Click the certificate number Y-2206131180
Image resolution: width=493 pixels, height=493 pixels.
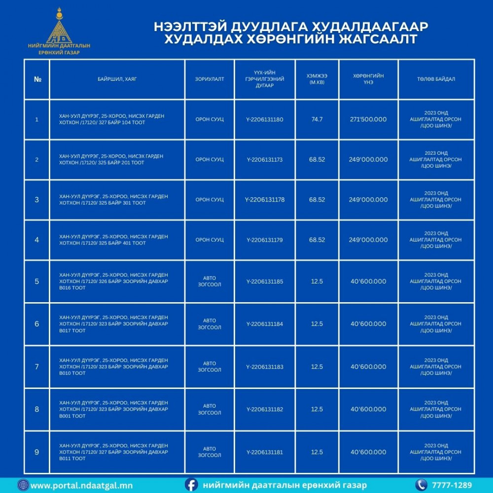click(x=265, y=119)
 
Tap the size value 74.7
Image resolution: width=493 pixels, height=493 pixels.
click(x=317, y=119)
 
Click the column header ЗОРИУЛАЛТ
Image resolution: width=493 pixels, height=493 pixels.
click(x=210, y=79)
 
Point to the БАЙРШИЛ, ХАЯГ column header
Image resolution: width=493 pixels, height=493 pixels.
click(x=117, y=79)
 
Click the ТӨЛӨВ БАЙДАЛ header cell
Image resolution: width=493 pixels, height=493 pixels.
click(x=436, y=79)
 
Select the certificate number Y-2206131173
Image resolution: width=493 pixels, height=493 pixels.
click(x=265, y=159)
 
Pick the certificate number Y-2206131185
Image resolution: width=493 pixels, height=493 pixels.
click(x=265, y=282)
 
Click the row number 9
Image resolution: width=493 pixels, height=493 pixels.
click(x=37, y=452)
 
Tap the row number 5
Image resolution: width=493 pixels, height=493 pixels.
click(x=37, y=282)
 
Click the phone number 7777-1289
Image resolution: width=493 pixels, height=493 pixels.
click(x=452, y=485)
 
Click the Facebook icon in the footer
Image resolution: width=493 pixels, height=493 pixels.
click(x=192, y=485)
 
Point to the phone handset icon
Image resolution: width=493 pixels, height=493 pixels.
click(x=421, y=485)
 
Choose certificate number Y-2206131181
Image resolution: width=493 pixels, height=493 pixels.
click(x=265, y=452)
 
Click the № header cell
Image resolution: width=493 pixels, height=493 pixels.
click(x=37, y=79)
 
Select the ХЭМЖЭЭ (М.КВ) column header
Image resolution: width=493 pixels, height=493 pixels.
click(x=317, y=79)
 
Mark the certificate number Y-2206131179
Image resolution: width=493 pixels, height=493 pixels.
click(x=265, y=240)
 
